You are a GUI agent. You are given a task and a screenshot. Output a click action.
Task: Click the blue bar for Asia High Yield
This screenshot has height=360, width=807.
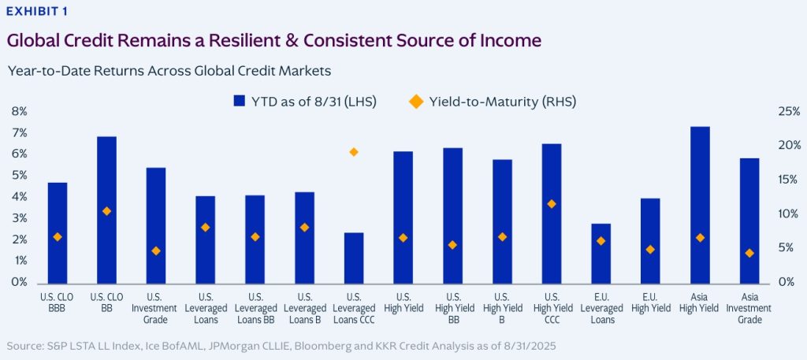(x=699, y=205)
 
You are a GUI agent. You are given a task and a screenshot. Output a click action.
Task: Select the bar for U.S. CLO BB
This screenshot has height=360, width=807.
(x=106, y=210)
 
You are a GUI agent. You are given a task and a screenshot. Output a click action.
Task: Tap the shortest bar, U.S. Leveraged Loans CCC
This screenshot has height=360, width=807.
(x=354, y=258)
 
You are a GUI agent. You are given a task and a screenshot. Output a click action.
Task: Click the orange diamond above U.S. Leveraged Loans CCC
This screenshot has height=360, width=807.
(x=354, y=152)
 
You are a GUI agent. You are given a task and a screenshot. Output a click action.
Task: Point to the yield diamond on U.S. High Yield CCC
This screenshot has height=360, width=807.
(x=552, y=204)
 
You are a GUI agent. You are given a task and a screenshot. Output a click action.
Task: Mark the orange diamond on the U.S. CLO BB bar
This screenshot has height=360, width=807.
(x=106, y=211)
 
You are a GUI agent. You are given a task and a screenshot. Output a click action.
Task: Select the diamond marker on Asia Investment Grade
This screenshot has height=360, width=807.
(x=749, y=253)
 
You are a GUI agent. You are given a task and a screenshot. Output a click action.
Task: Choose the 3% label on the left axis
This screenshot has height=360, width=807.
(x=19, y=218)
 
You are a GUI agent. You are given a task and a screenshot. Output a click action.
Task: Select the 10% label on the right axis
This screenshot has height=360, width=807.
(x=789, y=214)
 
